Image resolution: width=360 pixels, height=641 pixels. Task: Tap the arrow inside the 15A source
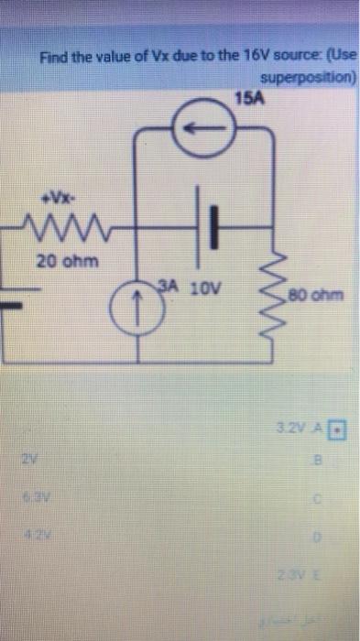coord(202,128)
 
